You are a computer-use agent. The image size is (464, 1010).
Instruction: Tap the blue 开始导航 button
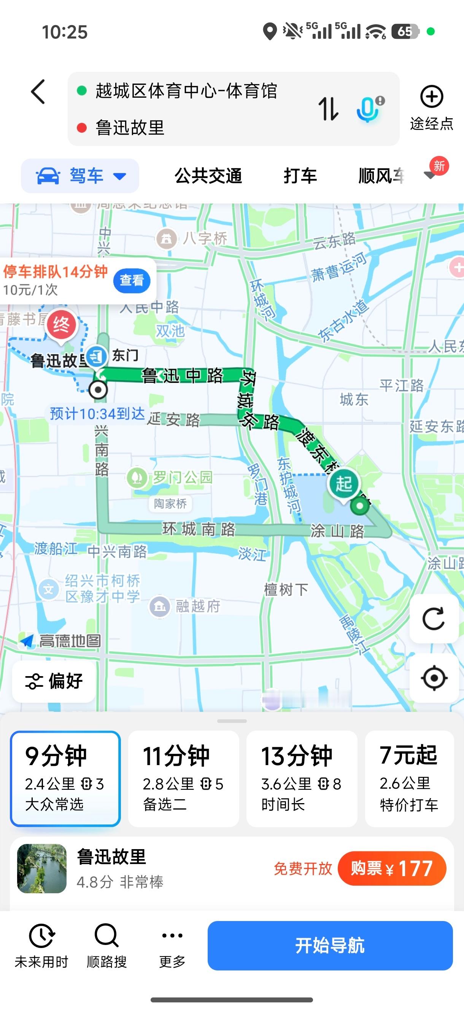click(330, 945)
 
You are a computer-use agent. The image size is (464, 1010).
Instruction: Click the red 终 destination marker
click(61, 326)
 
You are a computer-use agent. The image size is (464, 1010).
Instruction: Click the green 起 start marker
click(343, 483)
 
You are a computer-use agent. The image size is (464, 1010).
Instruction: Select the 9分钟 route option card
click(65, 778)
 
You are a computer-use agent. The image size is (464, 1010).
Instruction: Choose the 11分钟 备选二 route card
click(183, 778)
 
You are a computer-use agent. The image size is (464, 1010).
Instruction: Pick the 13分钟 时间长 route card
click(301, 778)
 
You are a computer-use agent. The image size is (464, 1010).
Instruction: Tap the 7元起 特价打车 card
click(409, 778)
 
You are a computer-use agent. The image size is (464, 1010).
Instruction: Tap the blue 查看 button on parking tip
click(132, 280)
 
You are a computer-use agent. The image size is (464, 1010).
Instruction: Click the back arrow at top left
click(38, 92)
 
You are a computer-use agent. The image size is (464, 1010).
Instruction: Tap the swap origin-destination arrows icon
click(328, 109)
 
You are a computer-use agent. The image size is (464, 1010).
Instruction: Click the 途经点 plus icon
click(431, 97)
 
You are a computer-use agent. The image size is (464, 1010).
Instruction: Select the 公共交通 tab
click(208, 176)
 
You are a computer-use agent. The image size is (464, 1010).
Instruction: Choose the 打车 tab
click(300, 176)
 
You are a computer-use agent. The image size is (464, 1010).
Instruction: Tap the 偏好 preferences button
click(54, 681)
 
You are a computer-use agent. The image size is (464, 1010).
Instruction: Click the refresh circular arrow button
click(434, 619)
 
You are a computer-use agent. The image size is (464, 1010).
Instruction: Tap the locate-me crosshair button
click(434, 678)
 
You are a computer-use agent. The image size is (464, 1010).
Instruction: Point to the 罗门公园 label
click(182, 477)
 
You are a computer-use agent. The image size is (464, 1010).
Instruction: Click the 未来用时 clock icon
click(41, 935)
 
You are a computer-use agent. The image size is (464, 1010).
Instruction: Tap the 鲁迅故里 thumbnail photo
click(42, 869)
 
